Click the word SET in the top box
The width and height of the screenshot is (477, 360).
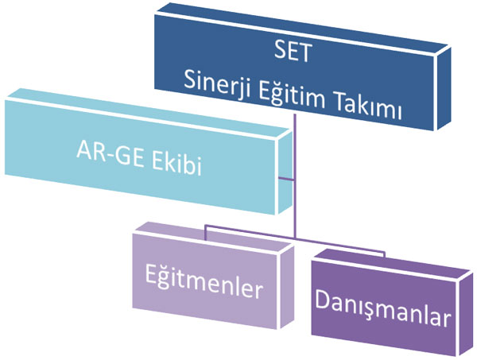(292, 52)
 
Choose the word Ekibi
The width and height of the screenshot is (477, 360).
(176, 165)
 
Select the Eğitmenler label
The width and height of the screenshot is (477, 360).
(204, 281)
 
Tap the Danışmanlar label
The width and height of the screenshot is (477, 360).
(382, 308)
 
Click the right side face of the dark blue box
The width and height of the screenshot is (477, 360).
(444, 88)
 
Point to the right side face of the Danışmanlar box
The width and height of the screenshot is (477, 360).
(466, 313)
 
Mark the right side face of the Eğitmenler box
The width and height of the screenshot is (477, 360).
(286, 288)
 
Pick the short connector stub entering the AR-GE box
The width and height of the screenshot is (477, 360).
(286, 179)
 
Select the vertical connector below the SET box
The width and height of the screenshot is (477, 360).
(294, 176)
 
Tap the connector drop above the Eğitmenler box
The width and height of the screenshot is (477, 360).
(206, 233)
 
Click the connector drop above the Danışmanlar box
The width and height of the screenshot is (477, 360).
(384, 254)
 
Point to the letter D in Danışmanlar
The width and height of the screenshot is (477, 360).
(322, 299)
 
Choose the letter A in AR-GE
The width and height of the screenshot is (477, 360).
(84, 150)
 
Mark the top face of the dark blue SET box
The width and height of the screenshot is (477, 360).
(302, 28)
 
